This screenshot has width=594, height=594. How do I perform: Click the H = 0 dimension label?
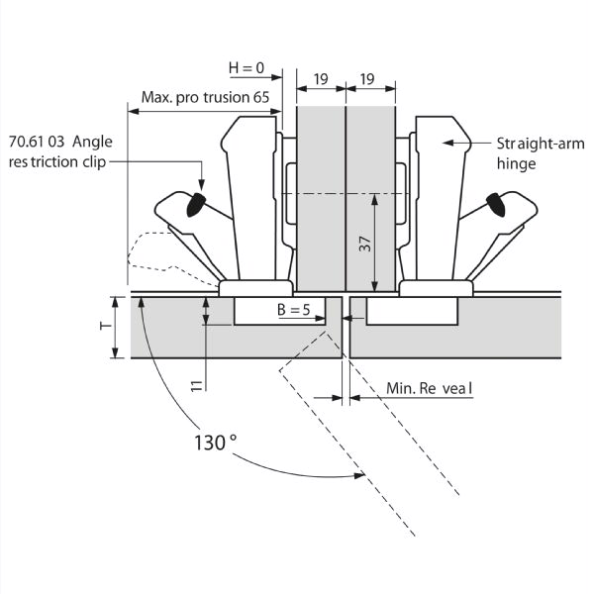coord(247,68)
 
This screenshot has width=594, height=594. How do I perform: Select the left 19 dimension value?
coord(321,79)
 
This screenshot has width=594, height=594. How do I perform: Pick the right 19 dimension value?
coord(367,79)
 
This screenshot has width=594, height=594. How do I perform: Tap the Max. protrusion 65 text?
coord(205,97)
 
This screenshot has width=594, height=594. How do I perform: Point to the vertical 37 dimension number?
coord(365,244)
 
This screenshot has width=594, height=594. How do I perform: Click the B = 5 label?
coord(294,310)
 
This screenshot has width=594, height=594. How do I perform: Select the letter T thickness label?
coord(106,326)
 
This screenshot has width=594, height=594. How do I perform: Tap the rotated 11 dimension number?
coord(197,386)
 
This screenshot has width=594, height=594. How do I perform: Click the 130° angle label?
coord(215,443)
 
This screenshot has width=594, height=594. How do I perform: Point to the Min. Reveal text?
coord(430,388)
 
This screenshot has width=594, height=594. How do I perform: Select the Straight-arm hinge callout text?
coord(541,153)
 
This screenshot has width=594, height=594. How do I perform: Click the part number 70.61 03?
coord(37,142)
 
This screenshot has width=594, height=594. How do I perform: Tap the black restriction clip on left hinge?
coord(195,205)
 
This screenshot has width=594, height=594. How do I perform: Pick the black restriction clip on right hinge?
coord(496,205)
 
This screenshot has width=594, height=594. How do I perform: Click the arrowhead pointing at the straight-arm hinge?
coord(448,143)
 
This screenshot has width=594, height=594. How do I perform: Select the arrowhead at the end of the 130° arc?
coord(358,475)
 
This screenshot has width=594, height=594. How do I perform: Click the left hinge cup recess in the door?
coord(279,311)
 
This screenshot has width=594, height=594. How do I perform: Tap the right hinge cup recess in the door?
coord(412,311)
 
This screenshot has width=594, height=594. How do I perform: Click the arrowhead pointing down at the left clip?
coord(202,185)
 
